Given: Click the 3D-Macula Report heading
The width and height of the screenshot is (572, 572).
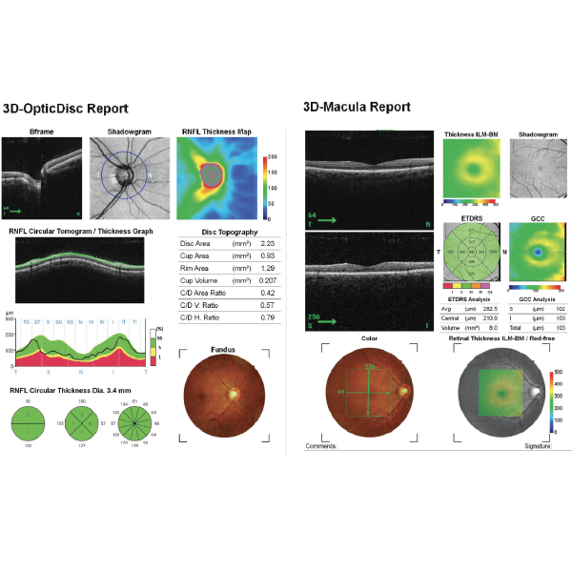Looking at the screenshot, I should (x=358, y=107).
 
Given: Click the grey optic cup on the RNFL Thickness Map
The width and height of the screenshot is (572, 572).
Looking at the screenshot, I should (x=210, y=174).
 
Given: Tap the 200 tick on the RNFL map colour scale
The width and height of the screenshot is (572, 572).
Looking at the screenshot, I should (x=272, y=155).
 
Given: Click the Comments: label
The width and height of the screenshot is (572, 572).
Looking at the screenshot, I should (x=321, y=445).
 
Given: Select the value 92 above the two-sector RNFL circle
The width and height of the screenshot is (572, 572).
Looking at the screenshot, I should (x=30, y=379).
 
